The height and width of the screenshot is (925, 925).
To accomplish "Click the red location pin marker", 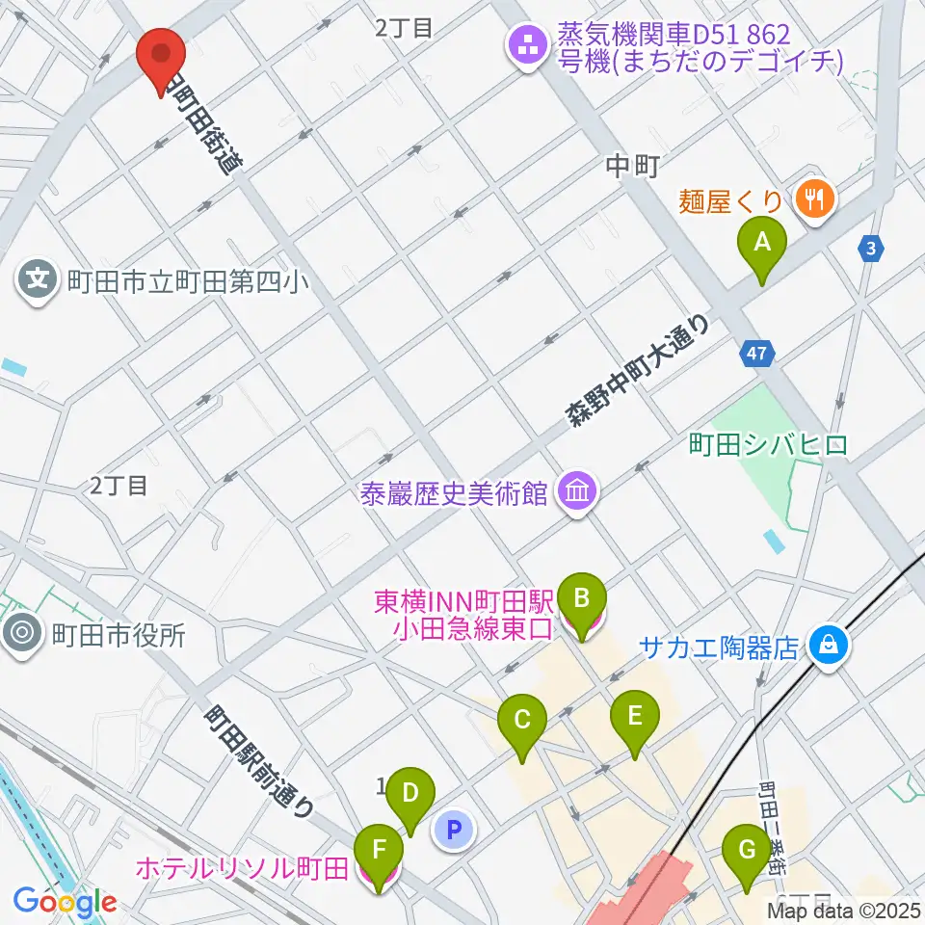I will (161, 58).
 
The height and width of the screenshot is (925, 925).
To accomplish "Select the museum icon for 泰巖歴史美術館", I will (577, 493).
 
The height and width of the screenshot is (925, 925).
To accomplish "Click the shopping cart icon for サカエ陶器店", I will (829, 646).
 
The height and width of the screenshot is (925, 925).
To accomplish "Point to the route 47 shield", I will (758, 355).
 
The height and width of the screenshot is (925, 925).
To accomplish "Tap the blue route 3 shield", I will (870, 250).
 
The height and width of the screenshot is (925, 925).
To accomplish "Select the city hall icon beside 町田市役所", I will (24, 634).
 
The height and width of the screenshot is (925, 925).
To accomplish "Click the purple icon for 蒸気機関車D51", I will (527, 46).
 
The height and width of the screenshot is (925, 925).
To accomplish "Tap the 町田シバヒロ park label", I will (768, 444).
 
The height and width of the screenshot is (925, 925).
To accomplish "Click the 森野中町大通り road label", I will (637, 371).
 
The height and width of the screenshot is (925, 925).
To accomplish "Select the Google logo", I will (65, 902).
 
